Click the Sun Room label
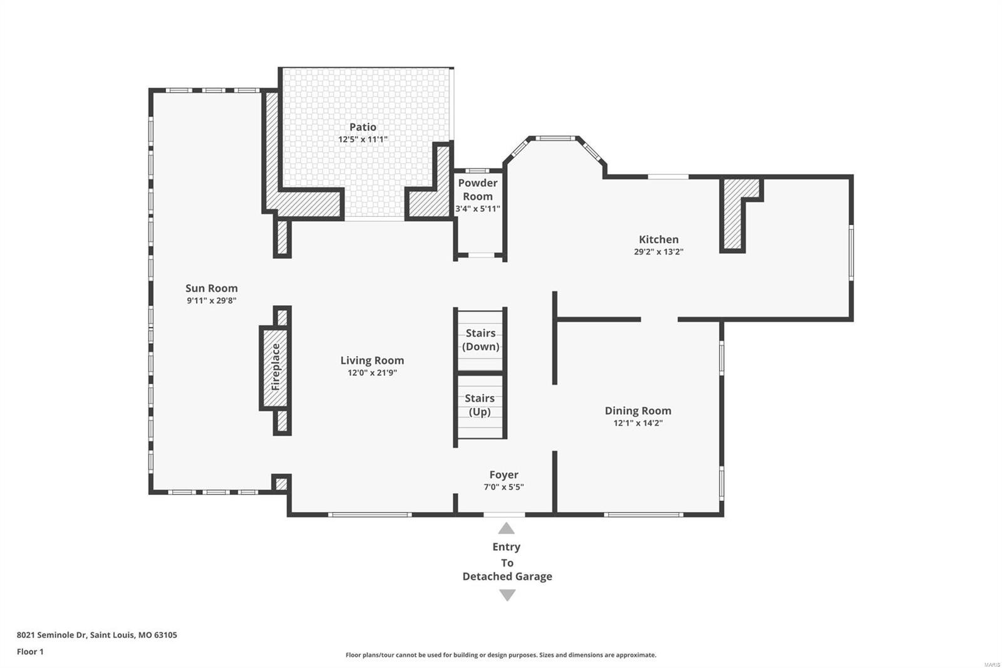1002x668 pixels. (211, 288)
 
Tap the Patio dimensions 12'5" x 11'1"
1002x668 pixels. (363, 139)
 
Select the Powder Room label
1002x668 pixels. (477, 189)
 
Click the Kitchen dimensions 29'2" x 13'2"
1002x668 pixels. (658, 252)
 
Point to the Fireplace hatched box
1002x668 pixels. (275, 367)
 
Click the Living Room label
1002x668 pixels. (372, 360)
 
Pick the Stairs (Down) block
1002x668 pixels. (480, 340)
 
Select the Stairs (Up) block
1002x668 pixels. (480, 405)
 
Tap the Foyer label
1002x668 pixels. (504, 475)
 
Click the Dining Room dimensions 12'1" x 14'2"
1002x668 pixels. (638, 423)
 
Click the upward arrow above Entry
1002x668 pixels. (506, 528)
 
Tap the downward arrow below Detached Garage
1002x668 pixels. (507, 595)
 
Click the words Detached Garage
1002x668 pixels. (507, 577)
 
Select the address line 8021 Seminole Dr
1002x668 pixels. (97, 635)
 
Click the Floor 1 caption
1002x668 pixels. (30, 652)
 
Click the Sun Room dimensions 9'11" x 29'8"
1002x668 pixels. (211, 301)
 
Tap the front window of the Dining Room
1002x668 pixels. (643, 515)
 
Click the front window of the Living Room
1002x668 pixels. (369, 515)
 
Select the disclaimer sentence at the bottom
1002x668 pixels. (501, 655)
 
